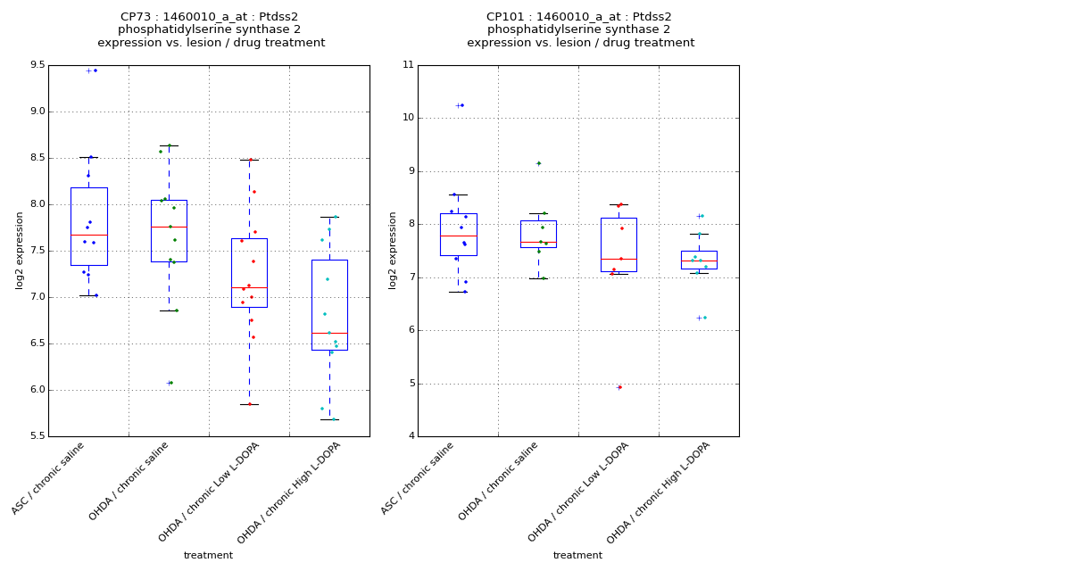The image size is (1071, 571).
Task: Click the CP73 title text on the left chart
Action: [x=211, y=17]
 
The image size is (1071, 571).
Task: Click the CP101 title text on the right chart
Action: [x=579, y=17]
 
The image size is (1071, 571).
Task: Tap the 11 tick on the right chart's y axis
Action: [x=408, y=65]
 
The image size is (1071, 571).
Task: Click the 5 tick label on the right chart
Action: [x=411, y=384]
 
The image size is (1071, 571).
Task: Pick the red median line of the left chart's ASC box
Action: [x=88, y=235]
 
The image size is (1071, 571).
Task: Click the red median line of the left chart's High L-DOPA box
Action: [x=329, y=333]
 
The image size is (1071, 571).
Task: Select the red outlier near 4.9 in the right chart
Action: [x=619, y=387]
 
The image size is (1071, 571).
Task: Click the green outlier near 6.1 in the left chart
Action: [x=170, y=383]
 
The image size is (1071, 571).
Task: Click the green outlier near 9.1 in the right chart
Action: [x=538, y=163]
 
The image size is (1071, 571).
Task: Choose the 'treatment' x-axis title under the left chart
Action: [x=208, y=556]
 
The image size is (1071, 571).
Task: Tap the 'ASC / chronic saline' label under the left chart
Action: [x=49, y=478]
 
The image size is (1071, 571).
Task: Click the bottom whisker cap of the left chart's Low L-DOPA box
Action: [x=249, y=404]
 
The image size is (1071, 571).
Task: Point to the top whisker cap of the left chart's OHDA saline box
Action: [x=169, y=145]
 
